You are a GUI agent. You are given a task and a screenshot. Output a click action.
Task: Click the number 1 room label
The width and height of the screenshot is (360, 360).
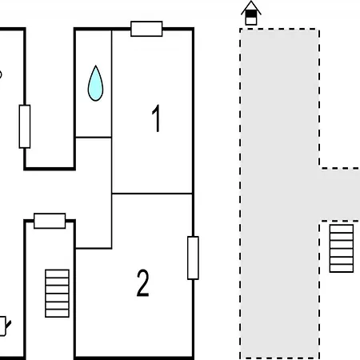tap(156, 118)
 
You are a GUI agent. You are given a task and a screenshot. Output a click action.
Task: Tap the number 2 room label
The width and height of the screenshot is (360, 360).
tap(142, 282)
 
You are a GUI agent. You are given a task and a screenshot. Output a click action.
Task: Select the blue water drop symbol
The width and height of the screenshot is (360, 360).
tap(95, 83)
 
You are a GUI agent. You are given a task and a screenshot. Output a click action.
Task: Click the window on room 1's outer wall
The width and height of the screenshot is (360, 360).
tap(146, 29)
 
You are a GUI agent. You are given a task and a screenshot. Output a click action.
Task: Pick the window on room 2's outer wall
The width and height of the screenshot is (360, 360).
tap(193, 258)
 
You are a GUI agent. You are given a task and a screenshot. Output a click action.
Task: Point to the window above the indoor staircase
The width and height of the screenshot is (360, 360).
tap(50, 221)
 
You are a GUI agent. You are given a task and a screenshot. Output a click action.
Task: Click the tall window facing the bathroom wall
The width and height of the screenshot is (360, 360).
tap(25, 126)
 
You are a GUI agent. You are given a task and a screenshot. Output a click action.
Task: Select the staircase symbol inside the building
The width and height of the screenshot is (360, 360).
tap(57, 294)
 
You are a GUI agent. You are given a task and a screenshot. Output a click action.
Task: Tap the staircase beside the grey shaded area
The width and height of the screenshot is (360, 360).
tap(342, 248)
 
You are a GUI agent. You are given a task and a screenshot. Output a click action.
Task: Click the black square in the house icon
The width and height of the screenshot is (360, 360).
tap(250, 14)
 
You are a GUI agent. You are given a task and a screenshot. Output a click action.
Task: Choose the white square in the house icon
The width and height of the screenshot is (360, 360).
tap(250, 21)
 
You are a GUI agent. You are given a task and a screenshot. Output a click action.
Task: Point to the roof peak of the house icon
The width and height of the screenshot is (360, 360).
tap(251, 2)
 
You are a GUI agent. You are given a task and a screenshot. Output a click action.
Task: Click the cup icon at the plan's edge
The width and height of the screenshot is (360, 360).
tap(3, 326)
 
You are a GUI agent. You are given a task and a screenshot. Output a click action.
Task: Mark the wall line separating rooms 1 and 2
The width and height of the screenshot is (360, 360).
tap(152, 194)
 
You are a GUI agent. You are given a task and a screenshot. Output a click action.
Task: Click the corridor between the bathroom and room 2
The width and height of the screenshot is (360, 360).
tap(94, 193)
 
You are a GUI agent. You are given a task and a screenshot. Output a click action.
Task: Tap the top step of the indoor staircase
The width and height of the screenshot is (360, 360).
tap(57, 274)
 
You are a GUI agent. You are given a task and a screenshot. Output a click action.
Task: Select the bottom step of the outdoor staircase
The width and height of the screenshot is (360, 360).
tap(342, 269)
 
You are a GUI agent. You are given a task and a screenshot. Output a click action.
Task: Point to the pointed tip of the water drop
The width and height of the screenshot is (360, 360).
tap(95, 66)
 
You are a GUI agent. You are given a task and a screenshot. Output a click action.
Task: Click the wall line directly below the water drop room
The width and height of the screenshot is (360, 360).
tap(94, 138)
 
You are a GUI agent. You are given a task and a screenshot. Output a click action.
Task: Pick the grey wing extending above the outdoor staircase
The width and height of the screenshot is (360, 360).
tap(340, 194)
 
